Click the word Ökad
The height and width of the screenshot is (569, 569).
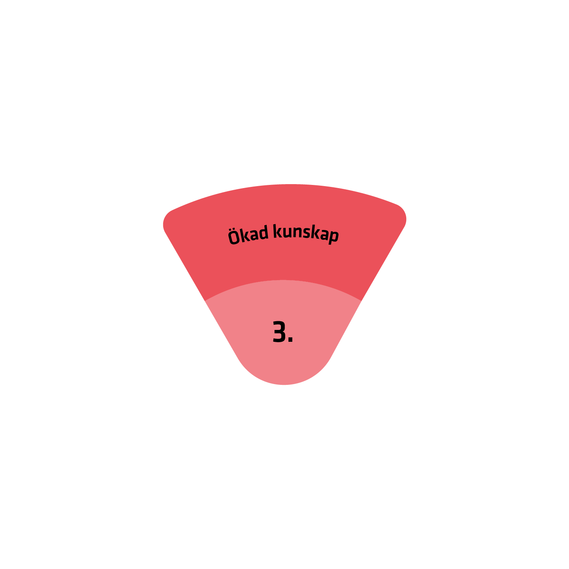click(x=248, y=235)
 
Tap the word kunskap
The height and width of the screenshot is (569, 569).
click(x=305, y=234)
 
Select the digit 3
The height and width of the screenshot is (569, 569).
click(x=279, y=331)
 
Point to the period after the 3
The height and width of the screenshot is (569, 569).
click(x=290, y=339)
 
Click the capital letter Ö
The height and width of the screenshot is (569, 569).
click(x=233, y=237)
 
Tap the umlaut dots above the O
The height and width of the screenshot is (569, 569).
click(x=232, y=230)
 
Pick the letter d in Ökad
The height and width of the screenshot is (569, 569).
click(x=264, y=232)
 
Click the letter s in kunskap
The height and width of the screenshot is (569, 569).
click(x=307, y=233)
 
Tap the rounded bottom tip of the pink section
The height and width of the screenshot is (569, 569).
click(x=284, y=384)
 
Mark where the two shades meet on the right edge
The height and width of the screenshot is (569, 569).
click(x=361, y=301)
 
